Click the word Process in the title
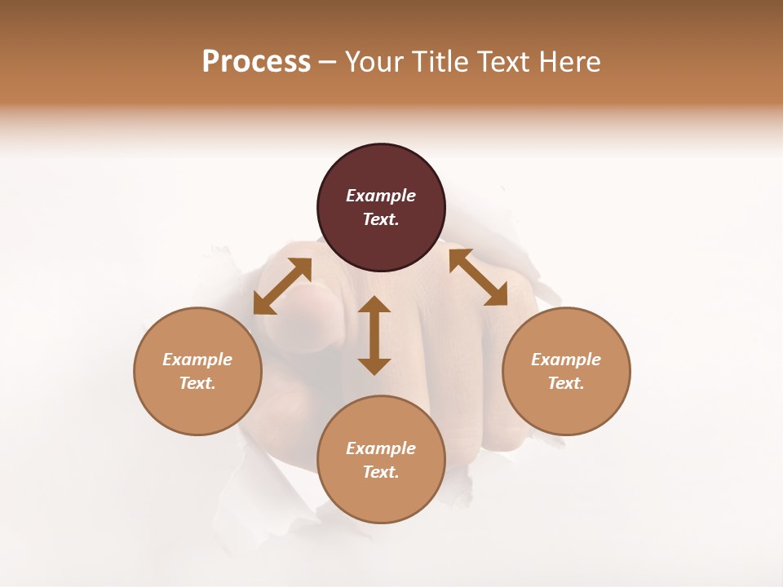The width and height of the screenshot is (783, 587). tap(256, 62)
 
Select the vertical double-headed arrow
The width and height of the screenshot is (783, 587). tap(374, 335)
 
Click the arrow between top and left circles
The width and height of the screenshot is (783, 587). tap(282, 286)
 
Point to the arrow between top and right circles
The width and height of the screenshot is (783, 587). tap(478, 277)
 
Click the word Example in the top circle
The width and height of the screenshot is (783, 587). tap(381, 196)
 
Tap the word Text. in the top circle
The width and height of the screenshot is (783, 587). tap(381, 219)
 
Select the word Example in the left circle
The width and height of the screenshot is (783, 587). tap(197, 360)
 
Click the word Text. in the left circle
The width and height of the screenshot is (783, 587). tap(197, 383)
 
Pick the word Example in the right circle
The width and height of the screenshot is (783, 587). tap(566, 360)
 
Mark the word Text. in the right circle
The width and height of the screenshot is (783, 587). tap(566, 383)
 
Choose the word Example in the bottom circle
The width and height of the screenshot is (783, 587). tap(381, 448)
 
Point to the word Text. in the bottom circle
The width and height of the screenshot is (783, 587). tap(381, 472)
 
